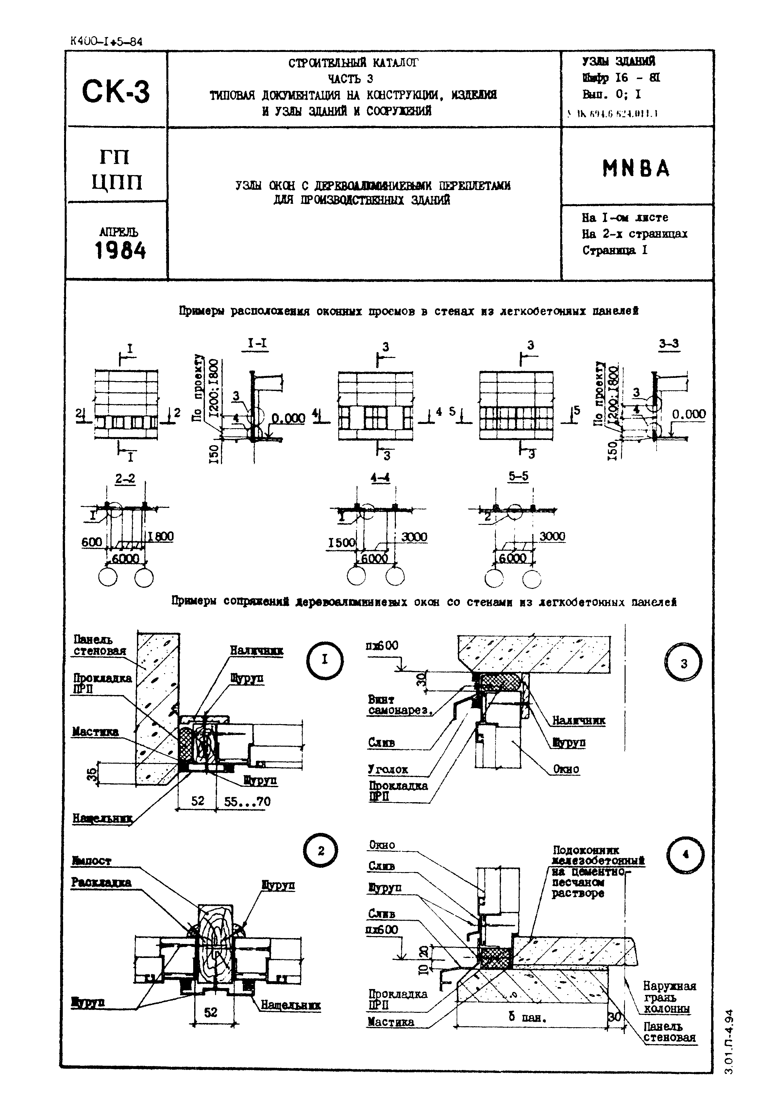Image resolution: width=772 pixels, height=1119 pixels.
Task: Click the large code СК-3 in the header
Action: click(x=116, y=91)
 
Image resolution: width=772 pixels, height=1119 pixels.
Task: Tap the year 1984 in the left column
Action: click(x=120, y=251)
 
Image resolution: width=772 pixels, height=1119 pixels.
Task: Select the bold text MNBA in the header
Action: click(x=636, y=169)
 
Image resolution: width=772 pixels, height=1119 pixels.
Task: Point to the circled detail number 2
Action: click(x=321, y=851)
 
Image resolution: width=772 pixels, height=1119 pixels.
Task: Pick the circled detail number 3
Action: click(x=683, y=664)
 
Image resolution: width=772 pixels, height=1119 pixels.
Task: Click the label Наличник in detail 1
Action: click(x=256, y=651)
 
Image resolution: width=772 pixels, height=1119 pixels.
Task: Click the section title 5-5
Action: click(x=518, y=477)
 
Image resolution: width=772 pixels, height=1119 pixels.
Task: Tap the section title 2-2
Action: click(x=125, y=478)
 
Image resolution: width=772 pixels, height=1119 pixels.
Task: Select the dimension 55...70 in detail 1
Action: click(x=247, y=802)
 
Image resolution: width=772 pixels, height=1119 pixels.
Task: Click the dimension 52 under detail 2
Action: click(x=211, y=1012)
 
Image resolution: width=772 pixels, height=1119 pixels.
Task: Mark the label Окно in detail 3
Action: click(x=566, y=769)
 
